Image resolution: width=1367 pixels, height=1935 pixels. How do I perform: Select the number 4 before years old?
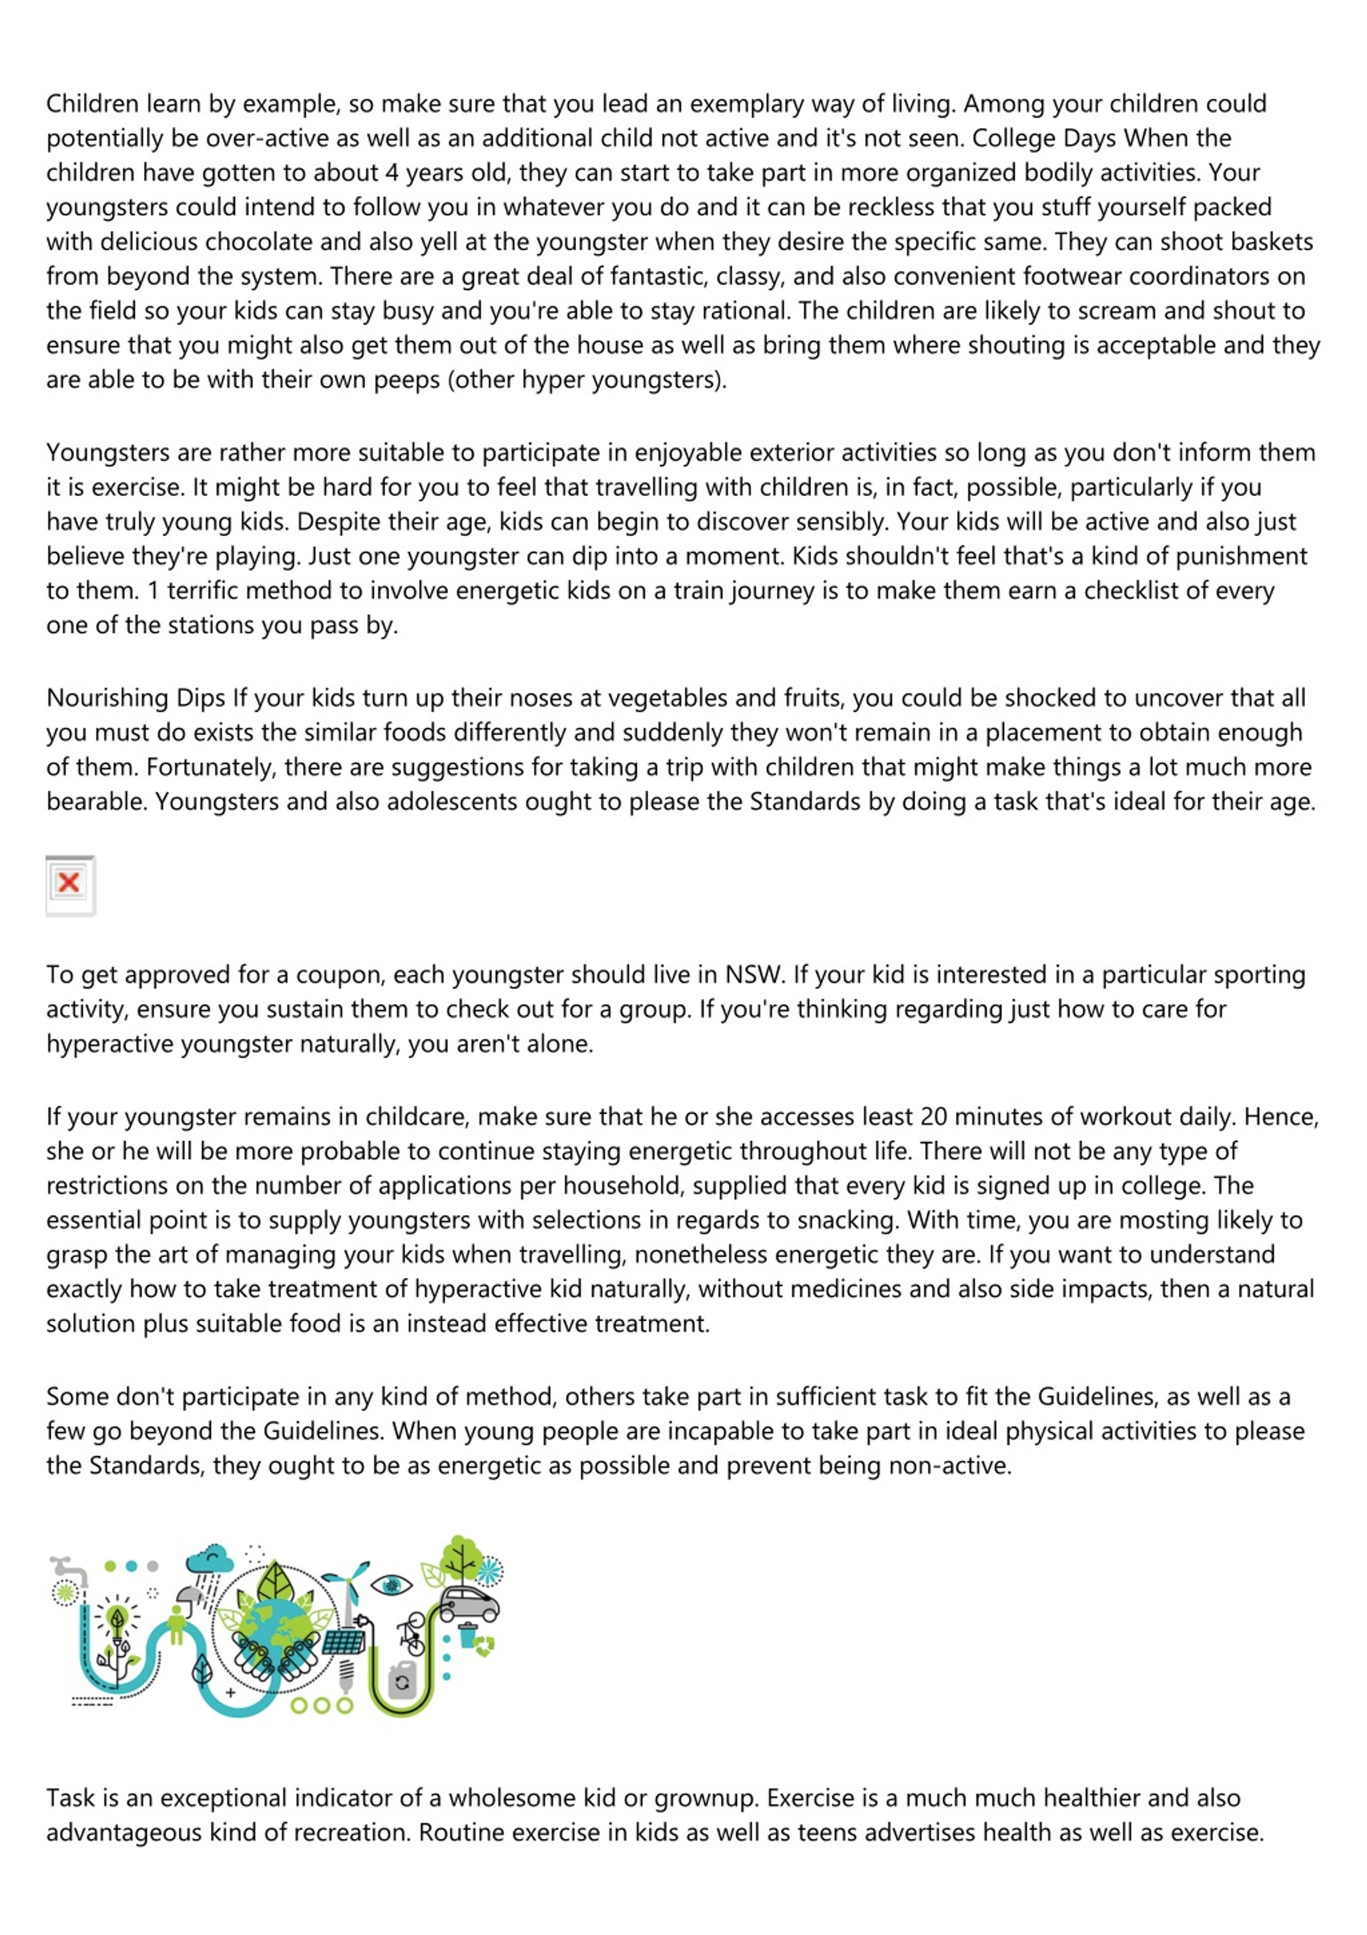[x=391, y=173]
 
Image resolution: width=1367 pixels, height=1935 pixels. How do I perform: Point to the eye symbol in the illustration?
[x=391, y=1585]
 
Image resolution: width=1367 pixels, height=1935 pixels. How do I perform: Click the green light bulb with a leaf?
[x=117, y=1619]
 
